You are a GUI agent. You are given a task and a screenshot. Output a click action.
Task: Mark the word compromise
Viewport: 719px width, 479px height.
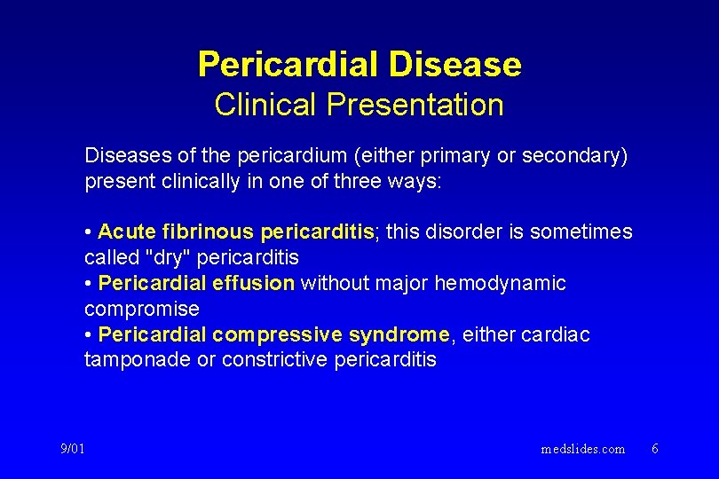tap(142, 310)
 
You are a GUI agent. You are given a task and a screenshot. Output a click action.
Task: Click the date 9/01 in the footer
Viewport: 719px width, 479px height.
tap(73, 449)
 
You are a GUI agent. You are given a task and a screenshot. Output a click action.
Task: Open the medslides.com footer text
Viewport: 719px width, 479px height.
tap(582, 449)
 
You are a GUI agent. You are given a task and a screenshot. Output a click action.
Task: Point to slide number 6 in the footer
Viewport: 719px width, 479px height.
tap(654, 449)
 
